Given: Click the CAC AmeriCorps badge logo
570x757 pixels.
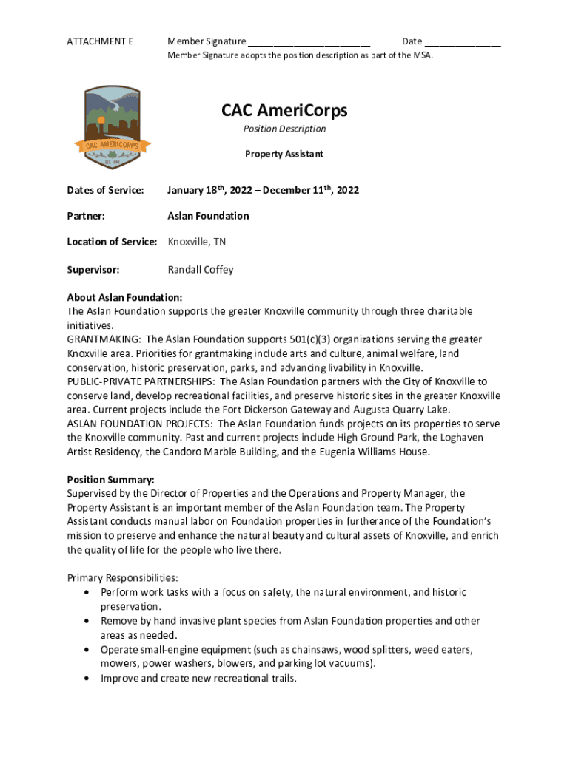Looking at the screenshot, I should tap(113, 130).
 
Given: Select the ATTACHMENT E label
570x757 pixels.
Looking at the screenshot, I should tap(100, 41).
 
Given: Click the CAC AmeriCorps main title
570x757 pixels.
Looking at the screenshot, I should tap(284, 111).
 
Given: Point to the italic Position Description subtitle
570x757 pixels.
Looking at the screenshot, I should tap(284, 129).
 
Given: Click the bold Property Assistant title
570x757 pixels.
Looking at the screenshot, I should tap(284, 155).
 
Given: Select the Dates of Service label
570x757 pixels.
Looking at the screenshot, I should tap(105, 191).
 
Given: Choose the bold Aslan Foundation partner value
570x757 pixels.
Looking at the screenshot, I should tap(208, 216).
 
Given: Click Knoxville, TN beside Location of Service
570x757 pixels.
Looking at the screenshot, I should tap(198, 242).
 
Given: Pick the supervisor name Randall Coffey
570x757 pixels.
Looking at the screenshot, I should tap(201, 270).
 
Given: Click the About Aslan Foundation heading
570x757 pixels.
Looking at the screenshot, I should tap(124, 297).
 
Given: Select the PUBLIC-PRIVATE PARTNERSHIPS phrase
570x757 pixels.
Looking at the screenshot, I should tap(141, 381).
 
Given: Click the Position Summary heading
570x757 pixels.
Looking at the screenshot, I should tap(110, 480).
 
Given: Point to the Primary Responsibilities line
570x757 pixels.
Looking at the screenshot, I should tap(122, 577).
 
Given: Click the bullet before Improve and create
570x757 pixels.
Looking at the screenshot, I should tap(90, 678).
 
